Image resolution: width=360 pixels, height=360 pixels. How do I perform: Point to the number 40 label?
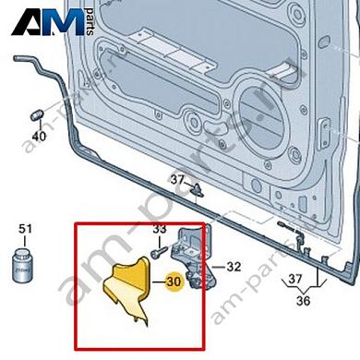(38, 137)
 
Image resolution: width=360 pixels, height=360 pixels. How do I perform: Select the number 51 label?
(25, 228)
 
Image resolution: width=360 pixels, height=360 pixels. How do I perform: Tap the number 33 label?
(159, 229)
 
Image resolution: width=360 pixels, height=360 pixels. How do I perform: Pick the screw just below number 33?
(162, 246)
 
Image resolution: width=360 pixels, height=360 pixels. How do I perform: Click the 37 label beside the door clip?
(176, 177)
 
